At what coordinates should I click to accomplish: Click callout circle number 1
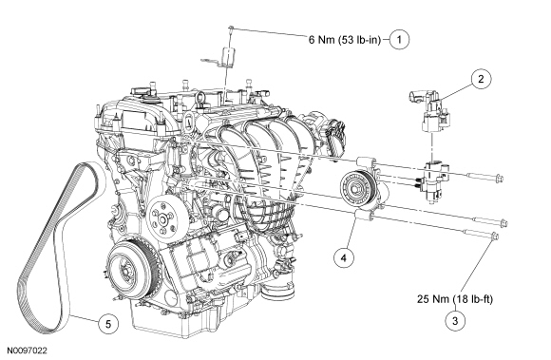399,39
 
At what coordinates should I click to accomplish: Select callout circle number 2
481,79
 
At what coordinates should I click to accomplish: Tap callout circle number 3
455,320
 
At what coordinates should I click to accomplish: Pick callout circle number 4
343,257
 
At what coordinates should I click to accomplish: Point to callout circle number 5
108,324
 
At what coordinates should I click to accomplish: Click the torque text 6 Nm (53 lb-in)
345,40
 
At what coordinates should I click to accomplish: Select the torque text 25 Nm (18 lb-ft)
455,299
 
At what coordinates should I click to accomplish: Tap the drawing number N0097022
28,351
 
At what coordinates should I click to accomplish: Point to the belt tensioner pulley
355,186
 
